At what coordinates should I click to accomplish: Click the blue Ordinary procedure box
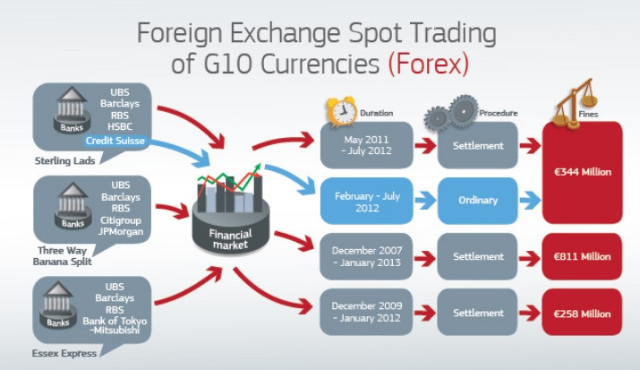478,199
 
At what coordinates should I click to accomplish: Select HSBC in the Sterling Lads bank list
121,126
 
